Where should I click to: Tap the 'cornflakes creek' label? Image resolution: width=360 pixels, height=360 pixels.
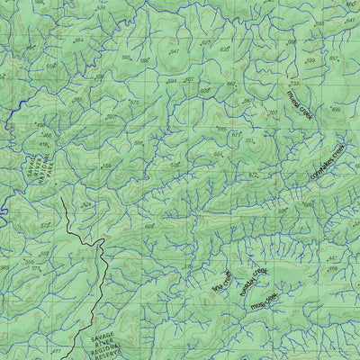click(x=327, y=159)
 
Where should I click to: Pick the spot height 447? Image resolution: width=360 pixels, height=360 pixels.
click(x=330, y=258)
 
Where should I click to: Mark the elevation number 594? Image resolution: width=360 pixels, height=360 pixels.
click(x=170, y=80)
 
